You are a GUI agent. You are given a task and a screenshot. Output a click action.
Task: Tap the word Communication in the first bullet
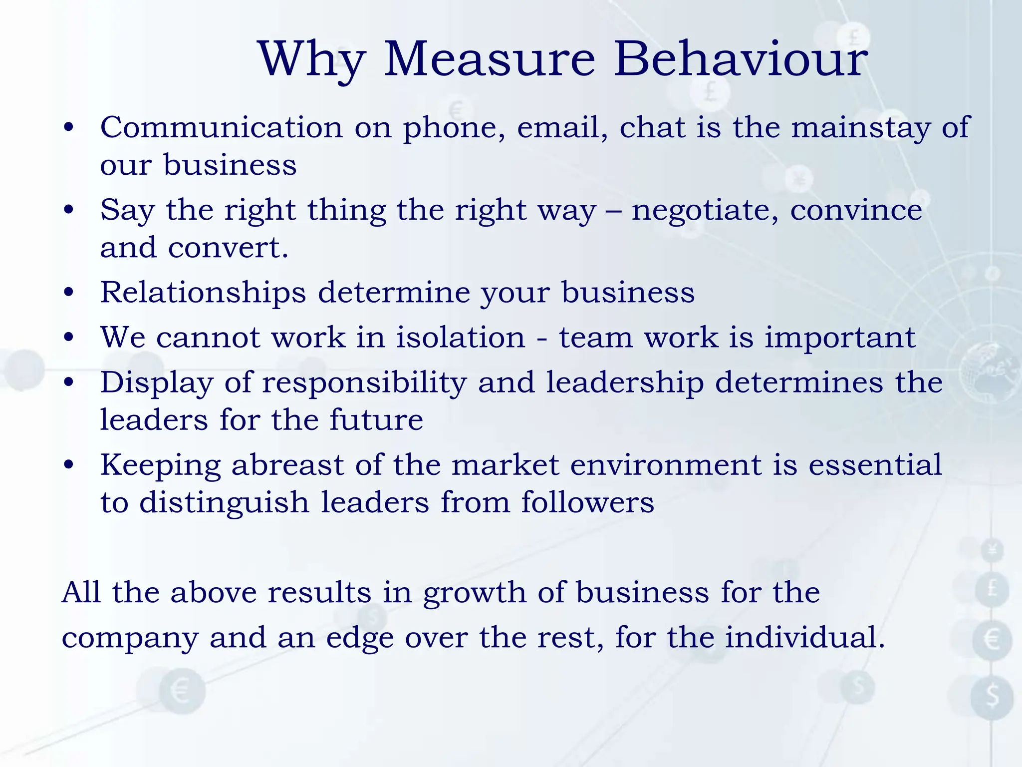(x=221, y=127)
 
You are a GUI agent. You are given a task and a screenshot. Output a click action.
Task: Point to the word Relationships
(x=203, y=293)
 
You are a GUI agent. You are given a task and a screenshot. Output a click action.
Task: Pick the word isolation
(x=461, y=338)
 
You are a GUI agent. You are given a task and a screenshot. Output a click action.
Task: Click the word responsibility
(x=364, y=383)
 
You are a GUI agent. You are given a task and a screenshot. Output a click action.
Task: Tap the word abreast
(x=287, y=465)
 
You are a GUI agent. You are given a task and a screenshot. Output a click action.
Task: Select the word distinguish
(x=224, y=503)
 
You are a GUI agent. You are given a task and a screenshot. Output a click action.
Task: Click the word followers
(x=587, y=502)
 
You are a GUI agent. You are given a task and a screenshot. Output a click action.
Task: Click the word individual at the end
(x=804, y=638)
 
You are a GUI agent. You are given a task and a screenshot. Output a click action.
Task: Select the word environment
(x=666, y=465)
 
